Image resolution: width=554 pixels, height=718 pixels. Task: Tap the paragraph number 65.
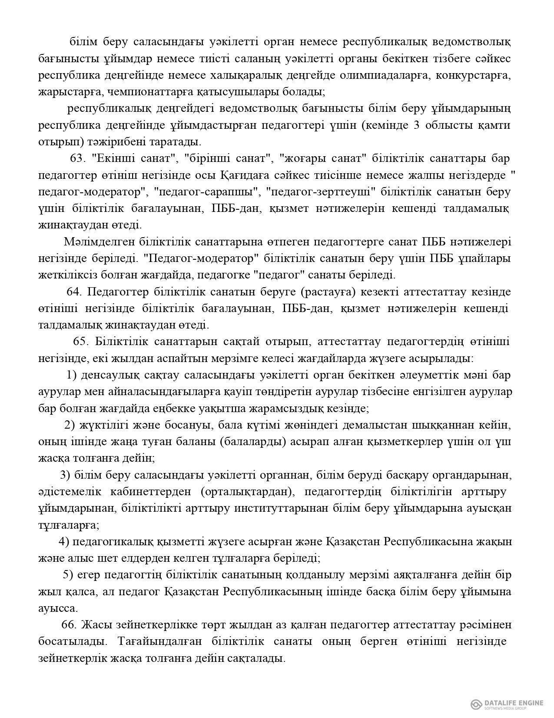click(x=81, y=342)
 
